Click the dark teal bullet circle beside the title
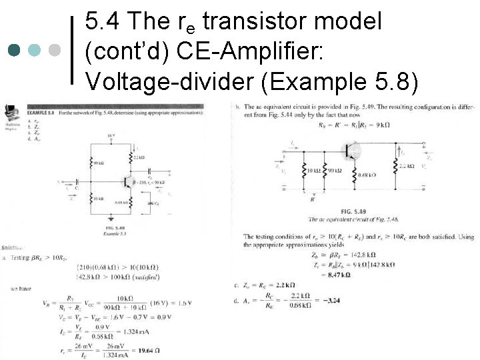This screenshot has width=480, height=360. pos(15,50)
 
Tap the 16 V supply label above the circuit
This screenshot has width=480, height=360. pos(111,136)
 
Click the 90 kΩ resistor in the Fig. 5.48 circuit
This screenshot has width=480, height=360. pos(91,163)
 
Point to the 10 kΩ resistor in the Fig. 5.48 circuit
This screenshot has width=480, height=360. pos(91,199)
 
